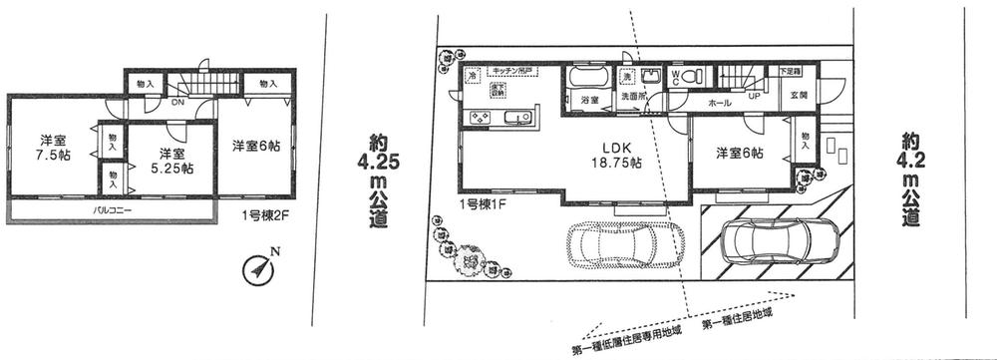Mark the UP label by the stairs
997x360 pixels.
(x=755, y=97)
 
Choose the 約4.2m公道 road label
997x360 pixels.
(x=909, y=179)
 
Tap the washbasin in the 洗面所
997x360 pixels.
(x=651, y=78)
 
